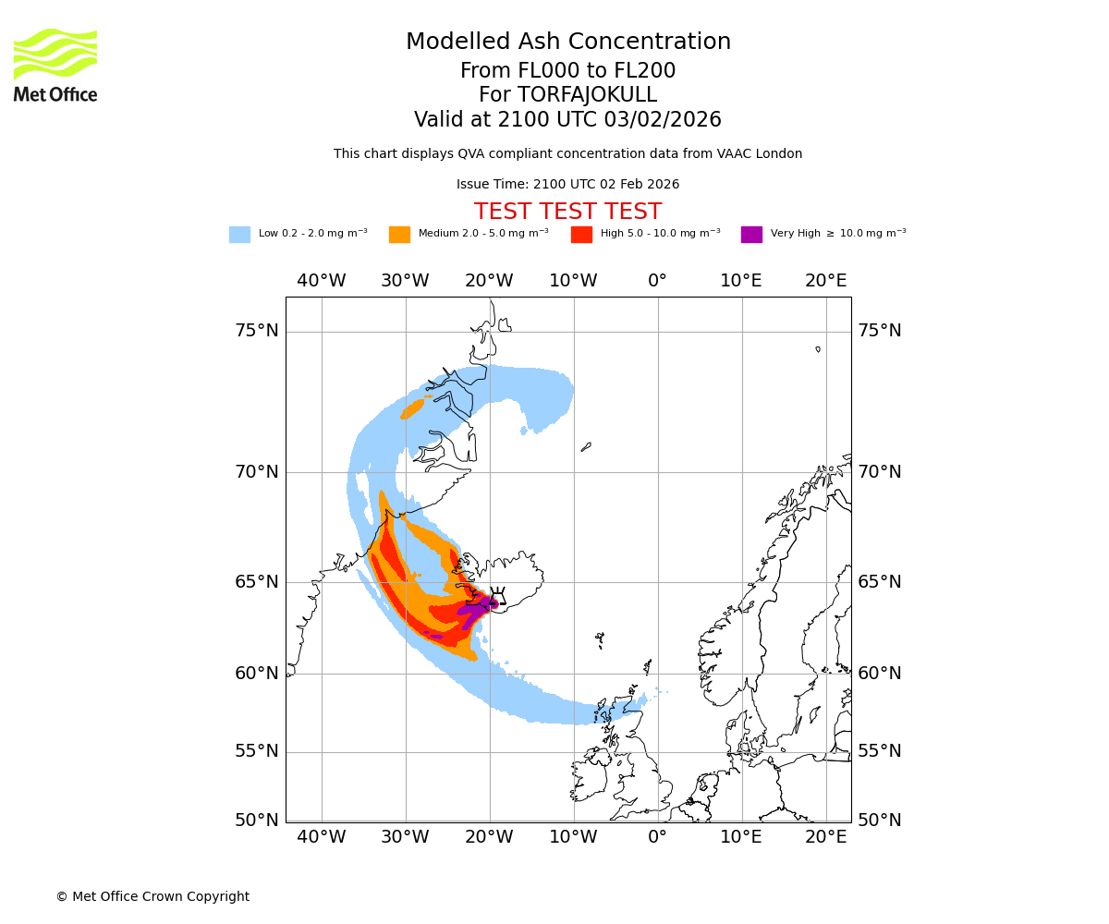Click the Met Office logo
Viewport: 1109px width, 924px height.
pos(55,65)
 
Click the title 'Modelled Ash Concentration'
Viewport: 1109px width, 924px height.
pos(568,43)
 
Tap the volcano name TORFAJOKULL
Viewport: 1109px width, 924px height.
pos(587,95)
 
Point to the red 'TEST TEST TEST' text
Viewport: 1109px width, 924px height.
pos(567,212)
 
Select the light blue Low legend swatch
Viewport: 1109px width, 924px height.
pos(239,234)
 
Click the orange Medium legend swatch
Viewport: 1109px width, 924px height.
pos(399,234)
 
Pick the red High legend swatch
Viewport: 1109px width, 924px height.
pos(581,234)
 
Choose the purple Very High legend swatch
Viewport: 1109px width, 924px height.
pos(751,234)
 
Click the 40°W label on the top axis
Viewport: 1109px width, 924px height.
pos(322,281)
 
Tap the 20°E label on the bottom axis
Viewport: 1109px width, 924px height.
pos(825,837)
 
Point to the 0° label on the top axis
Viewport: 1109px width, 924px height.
pos(657,281)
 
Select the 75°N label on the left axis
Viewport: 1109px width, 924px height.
pos(256,331)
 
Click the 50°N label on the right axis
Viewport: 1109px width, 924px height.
pos(879,821)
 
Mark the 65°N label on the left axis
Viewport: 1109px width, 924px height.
pos(256,582)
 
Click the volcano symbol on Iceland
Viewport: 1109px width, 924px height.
pos(497,598)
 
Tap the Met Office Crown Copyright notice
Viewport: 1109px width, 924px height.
pos(152,896)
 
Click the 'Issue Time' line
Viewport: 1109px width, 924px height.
pos(567,184)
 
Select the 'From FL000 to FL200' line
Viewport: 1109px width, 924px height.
pos(567,71)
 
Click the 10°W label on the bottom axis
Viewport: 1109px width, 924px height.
pos(573,837)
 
